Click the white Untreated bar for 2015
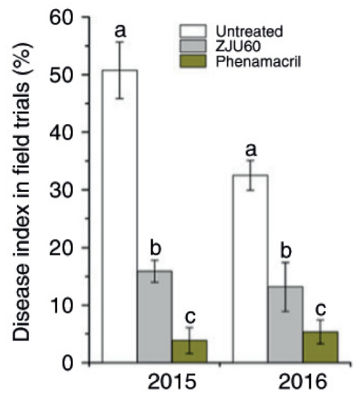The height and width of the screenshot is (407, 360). [120, 215]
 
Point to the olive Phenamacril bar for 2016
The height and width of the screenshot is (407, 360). [321, 347]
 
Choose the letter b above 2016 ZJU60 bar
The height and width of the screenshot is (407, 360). [285, 250]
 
